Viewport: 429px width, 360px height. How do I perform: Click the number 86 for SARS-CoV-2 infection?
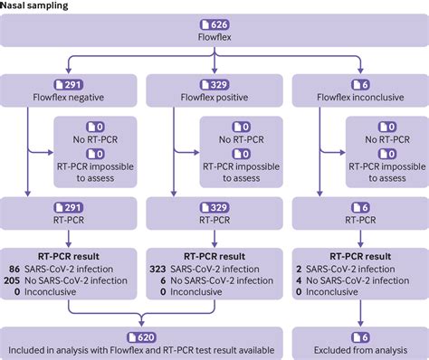[14, 270]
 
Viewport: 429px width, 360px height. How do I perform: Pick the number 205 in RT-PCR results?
[13, 282]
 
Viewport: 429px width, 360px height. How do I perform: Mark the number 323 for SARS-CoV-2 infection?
[159, 270]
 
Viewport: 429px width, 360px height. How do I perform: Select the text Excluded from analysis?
[358, 349]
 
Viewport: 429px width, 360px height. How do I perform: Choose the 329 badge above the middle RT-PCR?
[214, 206]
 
